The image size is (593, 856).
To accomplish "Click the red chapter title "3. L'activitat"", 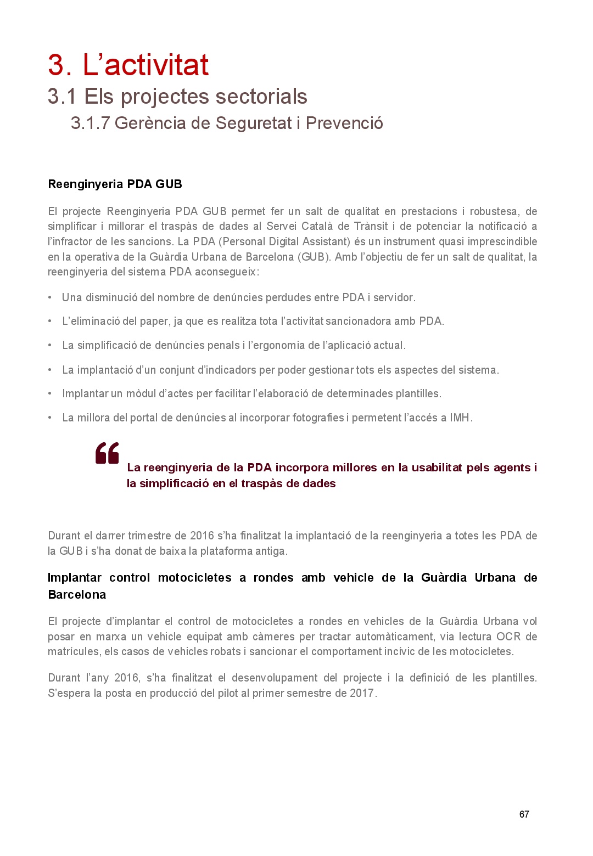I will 128,65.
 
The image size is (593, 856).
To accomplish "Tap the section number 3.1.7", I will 90,123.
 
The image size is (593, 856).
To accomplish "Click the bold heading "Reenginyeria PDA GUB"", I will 115,184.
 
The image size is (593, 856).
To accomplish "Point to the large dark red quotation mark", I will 107,453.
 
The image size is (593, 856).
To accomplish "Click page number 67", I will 524,814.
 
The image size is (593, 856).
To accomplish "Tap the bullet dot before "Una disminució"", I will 50,297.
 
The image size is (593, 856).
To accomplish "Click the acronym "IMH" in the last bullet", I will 460,418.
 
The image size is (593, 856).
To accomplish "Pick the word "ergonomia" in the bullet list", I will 282,345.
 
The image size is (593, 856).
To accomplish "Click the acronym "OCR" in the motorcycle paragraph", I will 508,637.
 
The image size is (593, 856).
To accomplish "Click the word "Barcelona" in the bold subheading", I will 77,595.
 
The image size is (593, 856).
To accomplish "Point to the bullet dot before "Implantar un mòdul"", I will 50,393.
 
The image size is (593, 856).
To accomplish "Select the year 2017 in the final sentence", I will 362,693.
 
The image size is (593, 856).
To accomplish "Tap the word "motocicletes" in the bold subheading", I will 194,578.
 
